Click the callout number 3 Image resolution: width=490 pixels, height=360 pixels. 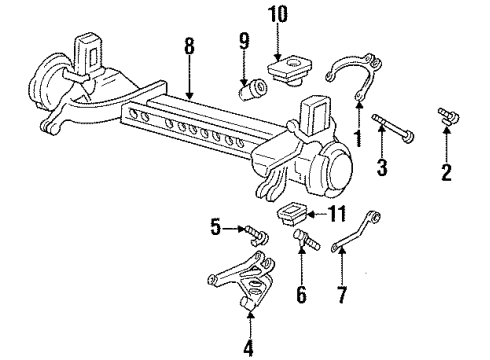381,166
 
